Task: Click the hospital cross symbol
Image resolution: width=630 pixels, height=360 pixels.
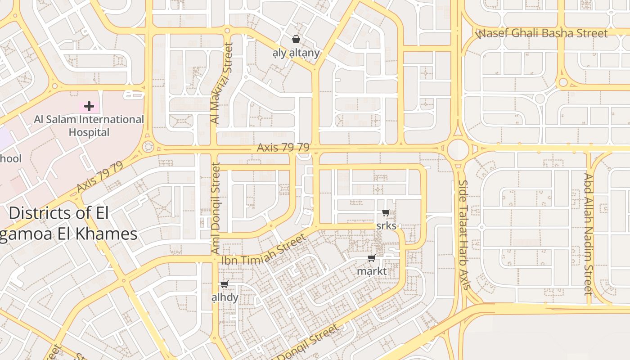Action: [89, 107]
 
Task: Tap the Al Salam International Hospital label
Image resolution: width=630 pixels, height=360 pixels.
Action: [89, 126]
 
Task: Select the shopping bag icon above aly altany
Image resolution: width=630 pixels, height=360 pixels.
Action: [296, 39]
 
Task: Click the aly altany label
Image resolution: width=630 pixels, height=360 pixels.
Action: [296, 53]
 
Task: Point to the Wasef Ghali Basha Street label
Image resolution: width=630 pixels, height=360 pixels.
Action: [542, 33]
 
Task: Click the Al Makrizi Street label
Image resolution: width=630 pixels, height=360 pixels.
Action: [222, 83]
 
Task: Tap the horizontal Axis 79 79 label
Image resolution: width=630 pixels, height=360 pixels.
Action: [283, 147]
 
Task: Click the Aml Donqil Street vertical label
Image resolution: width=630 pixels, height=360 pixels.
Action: [216, 208]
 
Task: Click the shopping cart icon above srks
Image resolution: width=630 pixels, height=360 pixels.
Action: [386, 212]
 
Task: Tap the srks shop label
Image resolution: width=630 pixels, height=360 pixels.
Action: [386, 225]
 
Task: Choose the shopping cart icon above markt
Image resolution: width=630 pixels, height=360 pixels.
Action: [372, 258]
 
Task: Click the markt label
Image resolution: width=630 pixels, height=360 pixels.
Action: [372, 271]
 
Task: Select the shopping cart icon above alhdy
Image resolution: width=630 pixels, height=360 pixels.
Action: [225, 284]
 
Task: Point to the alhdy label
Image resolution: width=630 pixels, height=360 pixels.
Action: [225, 297]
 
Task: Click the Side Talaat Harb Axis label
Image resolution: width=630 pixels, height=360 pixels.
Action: [464, 234]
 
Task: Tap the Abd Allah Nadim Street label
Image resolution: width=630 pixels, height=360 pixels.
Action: [589, 234]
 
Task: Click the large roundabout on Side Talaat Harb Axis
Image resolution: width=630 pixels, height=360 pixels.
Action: [458, 148]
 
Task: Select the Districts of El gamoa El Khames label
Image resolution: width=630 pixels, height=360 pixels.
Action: [67, 223]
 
